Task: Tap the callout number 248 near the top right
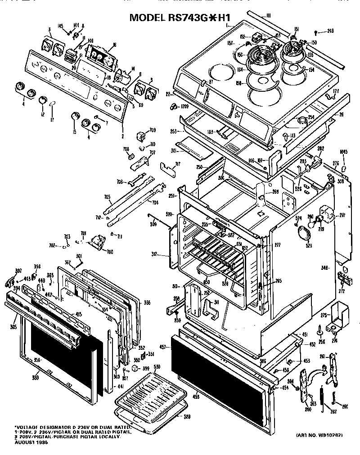pyautogui.click(x=330, y=31)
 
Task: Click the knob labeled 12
pyautogui.click(x=42, y=99)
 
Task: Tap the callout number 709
pyautogui.click(x=153, y=130)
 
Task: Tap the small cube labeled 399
pyautogui.click(x=134, y=368)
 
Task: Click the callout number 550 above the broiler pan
pyautogui.click(x=157, y=367)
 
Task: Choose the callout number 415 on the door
pyautogui.click(x=78, y=314)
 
